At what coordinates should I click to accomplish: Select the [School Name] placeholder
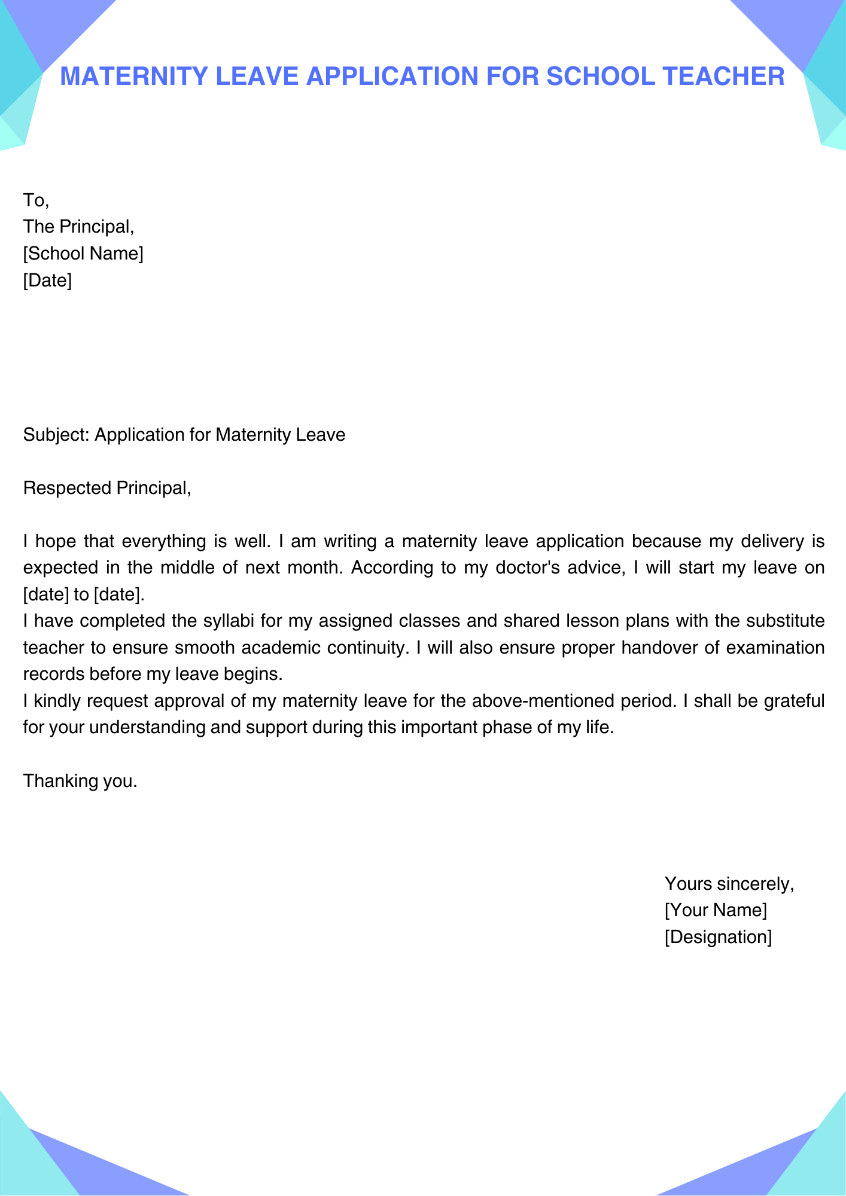tap(83, 254)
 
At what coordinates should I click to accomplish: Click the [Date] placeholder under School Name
tap(47, 280)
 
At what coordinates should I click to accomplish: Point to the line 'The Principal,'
tap(78, 227)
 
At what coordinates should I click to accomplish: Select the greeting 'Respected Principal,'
tap(107, 488)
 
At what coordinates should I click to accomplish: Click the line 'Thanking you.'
tap(80, 781)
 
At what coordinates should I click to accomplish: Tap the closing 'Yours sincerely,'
tap(729, 883)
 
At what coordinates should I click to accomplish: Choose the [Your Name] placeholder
tap(716, 910)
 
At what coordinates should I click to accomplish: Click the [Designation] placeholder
tap(718, 937)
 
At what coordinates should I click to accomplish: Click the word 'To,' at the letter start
tap(36, 200)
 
